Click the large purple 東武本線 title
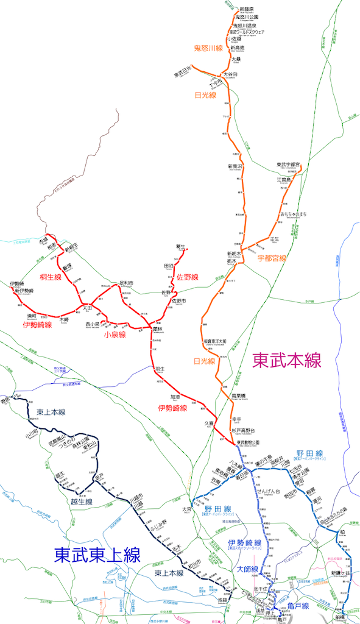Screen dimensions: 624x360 click(x=286, y=360)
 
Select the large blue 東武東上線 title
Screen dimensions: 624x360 click(x=97, y=555)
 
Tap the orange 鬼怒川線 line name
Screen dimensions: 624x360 click(x=208, y=48)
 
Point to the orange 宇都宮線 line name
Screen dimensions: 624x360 click(x=272, y=258)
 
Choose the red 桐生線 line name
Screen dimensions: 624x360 click(x=51, y=277)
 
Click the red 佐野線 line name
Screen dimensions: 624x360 click(x=188, y=277)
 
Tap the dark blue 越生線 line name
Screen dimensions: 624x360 click(x=80, y=502)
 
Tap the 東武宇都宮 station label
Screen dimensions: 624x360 click(x=292, y=165)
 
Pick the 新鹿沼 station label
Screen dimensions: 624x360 click(x=235, y=166)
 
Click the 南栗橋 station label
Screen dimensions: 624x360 click(x=239, y=396)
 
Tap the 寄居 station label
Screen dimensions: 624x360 click(x=6, y=400)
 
